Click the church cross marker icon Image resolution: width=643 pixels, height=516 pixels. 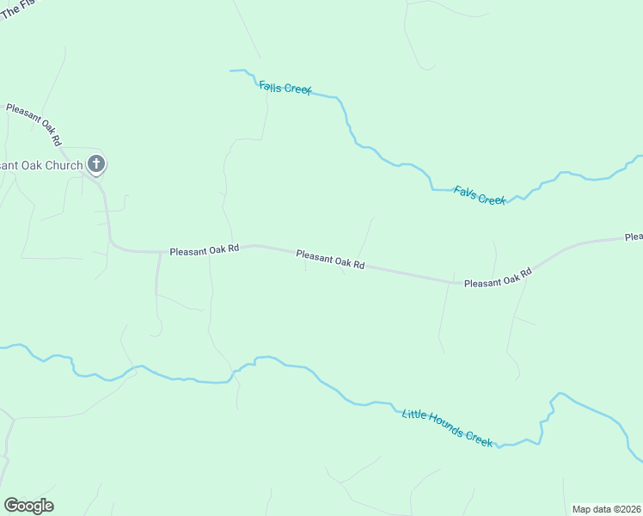point(96,163)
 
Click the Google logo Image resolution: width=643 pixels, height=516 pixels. point(28,505)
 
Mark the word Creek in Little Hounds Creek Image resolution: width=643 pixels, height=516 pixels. point(480,439)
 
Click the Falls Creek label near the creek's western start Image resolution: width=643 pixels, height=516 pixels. point(285,88)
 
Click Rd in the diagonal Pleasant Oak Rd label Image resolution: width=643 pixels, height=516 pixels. point(56,137)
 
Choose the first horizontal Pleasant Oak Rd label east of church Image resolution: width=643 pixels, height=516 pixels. point(204,250)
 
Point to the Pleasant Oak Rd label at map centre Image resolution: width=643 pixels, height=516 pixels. point(330,260)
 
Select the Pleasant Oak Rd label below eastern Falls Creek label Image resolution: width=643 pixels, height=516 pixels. point(498,278)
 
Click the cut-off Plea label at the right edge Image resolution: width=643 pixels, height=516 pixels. point(634,236)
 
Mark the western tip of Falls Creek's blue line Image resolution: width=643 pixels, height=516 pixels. point(230,71)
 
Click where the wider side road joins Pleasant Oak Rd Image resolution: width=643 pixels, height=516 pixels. point(160,252)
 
